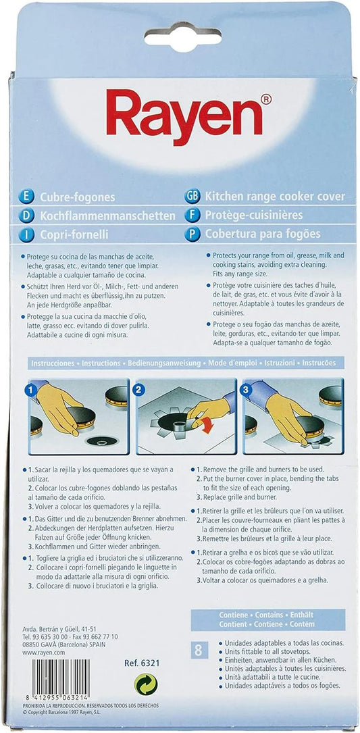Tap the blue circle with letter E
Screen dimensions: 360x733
(x=26, y=197)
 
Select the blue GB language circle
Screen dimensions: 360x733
(x=192, y=197)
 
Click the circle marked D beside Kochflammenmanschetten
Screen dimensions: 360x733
(x=26, y=216)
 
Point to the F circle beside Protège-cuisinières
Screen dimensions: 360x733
(x=192, y=215)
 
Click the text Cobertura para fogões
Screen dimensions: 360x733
(x=263, y=233)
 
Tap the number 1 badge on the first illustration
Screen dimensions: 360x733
(x=31, y=389)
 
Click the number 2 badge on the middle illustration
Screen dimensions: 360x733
(x=139, y=389)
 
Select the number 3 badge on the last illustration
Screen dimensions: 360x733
(x=247, y=389)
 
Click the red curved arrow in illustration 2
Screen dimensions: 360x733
(x=203, y=424)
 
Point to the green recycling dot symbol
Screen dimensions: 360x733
(x=146, y=684)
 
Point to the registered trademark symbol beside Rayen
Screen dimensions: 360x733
(x=265, y=99)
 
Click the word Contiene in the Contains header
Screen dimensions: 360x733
(x=233, y=615)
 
